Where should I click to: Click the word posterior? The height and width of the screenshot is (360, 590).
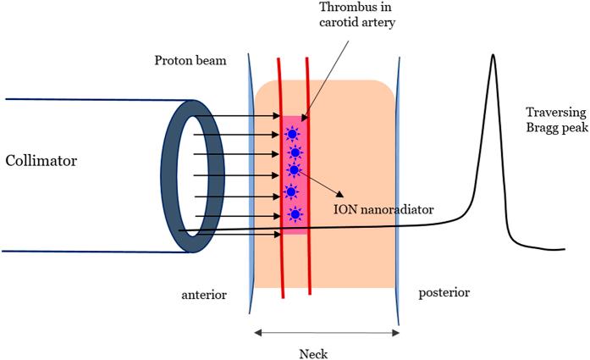444,292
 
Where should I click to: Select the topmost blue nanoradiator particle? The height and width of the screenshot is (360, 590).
292,133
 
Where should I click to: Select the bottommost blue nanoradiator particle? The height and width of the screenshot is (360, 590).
295,215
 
